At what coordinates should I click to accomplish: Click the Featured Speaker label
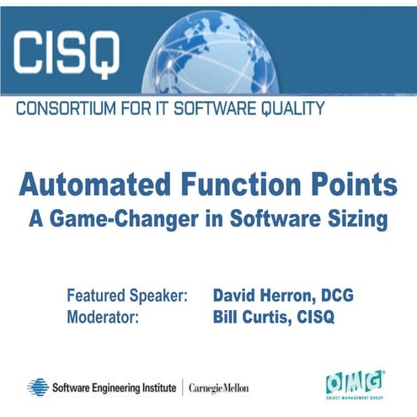click(126, 296)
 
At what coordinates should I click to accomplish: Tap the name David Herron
click(262, 296)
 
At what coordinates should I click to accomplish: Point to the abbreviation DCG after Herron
click(336, 296)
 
